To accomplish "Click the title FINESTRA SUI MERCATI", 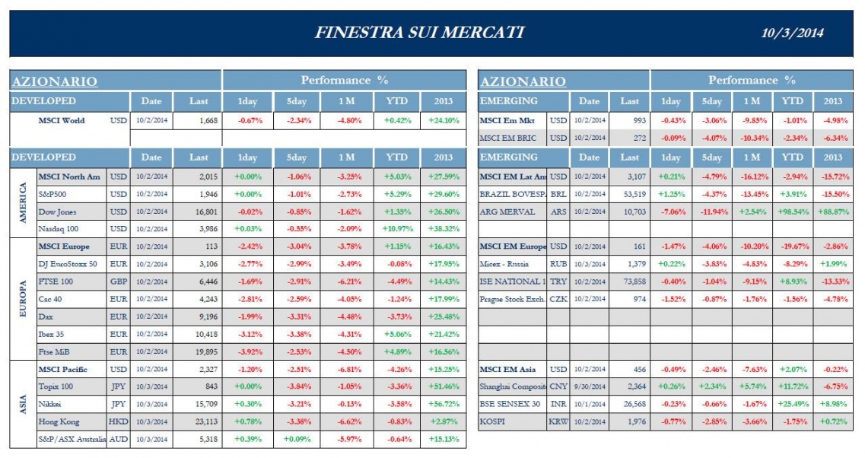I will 418,32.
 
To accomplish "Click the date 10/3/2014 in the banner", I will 793,33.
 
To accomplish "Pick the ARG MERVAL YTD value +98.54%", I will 793,212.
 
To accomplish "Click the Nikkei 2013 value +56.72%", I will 443,404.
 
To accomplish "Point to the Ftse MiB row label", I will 54,351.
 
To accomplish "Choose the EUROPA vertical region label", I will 23,299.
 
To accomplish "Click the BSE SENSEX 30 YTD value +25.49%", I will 793,404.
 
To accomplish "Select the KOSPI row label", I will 494,421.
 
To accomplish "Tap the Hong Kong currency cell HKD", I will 118,421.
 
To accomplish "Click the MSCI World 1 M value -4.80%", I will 346,120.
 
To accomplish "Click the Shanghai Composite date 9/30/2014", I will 589,386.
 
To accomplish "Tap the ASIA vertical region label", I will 23,404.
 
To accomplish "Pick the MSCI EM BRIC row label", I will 509,138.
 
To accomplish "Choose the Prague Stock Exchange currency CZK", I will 558,299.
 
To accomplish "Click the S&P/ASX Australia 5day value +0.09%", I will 296,439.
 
